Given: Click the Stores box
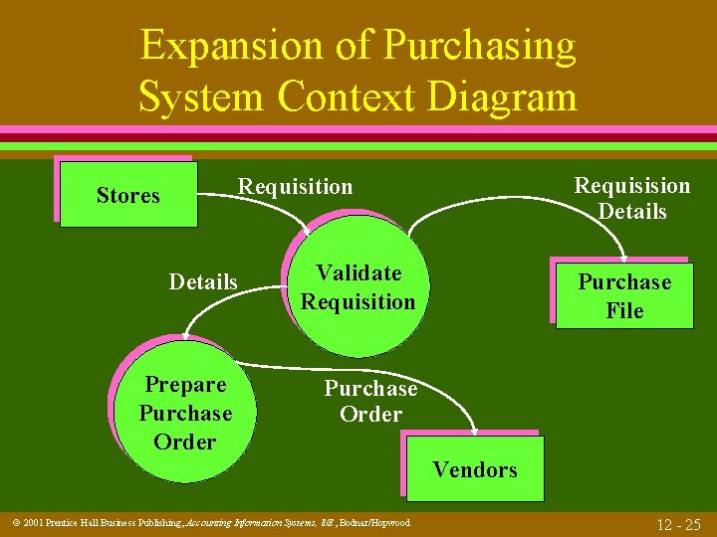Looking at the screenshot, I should click(x=128, y=196).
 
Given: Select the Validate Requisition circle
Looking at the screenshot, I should click(x=358, y=287).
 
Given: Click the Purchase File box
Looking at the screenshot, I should click(x=625, y=296).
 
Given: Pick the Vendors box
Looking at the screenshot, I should click(x=475, y=469).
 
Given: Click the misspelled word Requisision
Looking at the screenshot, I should click(x=631, y=186).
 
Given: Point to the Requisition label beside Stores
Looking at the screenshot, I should click(x=295, y=187).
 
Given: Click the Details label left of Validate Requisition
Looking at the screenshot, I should click(x=203, y=282).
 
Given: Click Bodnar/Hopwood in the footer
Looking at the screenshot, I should click(x=374, y=522).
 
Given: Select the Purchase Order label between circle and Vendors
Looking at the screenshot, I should click(x=370, y=401).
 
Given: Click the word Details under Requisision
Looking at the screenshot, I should click(x=631, y=212).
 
